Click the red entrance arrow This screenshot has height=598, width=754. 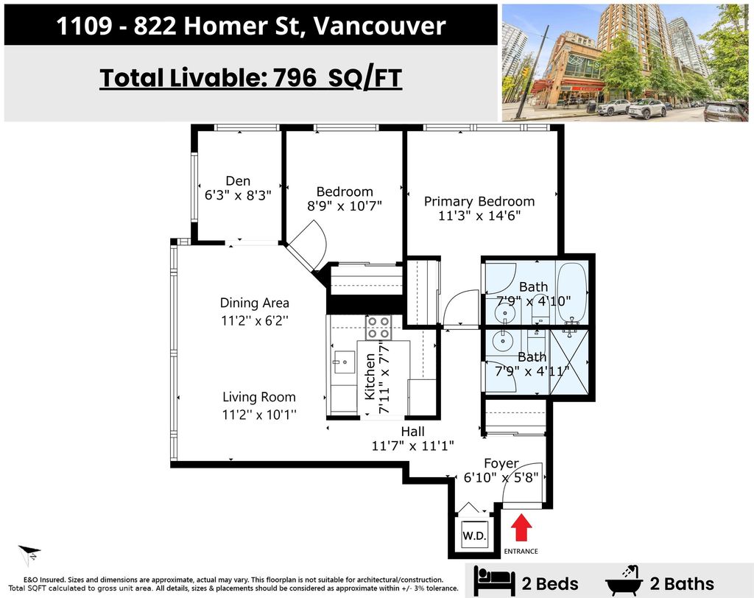coord(521,528)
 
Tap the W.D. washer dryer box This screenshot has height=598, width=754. coord(474,535)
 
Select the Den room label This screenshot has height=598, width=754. coord(238,181)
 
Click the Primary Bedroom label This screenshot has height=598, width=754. coord(479,201)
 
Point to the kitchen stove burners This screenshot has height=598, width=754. coord(378,328)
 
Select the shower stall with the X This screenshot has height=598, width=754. coord(569,362)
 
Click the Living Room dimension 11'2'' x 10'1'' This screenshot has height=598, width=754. coord(259,414)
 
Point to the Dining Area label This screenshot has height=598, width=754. coord(254,303)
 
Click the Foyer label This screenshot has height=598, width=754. coord(501,463)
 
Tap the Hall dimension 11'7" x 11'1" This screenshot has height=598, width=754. coord(412,446)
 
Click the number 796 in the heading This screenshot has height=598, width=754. coord(295,77)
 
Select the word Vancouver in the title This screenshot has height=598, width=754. coord(379,26)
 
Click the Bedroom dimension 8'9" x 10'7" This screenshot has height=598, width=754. coord(345,206)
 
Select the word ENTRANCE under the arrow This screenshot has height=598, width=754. coord(521,552)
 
